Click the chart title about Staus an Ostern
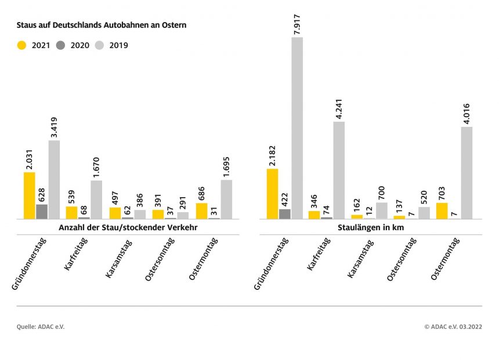click(102, 26)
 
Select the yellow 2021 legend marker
click(22, 45)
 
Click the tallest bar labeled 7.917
click(297, 128)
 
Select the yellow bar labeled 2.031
click(30, 195)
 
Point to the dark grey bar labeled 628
click(42, 212)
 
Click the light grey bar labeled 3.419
click(54, 180)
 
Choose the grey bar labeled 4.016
click(467, 173)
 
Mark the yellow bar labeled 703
click(442, 210)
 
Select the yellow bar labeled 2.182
click(272, 194)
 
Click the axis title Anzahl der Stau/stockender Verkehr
click(128, 228)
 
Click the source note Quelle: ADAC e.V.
click(41, 327)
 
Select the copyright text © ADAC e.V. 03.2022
click(453, 327)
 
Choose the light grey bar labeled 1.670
click(96, 199)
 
